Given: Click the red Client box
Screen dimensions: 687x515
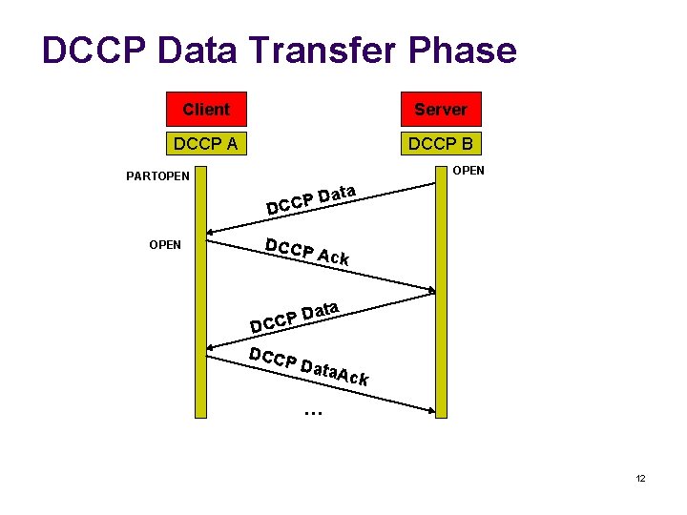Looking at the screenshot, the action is click(x=206, y=110).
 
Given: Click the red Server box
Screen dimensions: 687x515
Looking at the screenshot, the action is click(x=441, y=110).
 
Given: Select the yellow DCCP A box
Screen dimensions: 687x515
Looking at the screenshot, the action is click(x=206, y=144).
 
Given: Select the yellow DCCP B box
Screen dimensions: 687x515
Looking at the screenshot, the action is click(x=441, y=144).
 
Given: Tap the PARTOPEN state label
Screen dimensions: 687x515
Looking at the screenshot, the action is click(x=158, y=176).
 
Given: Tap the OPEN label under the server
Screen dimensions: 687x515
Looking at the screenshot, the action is click(x=468, y=171).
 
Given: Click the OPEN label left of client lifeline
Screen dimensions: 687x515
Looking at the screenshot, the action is click(x=165, y=245).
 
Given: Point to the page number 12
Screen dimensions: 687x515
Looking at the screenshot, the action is click(x=640, y=478).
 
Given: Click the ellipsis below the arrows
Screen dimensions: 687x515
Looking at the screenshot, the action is click(x=312, y=413).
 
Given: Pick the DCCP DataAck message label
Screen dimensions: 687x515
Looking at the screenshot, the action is click(x=308, y=366).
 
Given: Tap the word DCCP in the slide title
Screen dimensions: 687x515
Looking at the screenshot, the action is click(x=92, y=51).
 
